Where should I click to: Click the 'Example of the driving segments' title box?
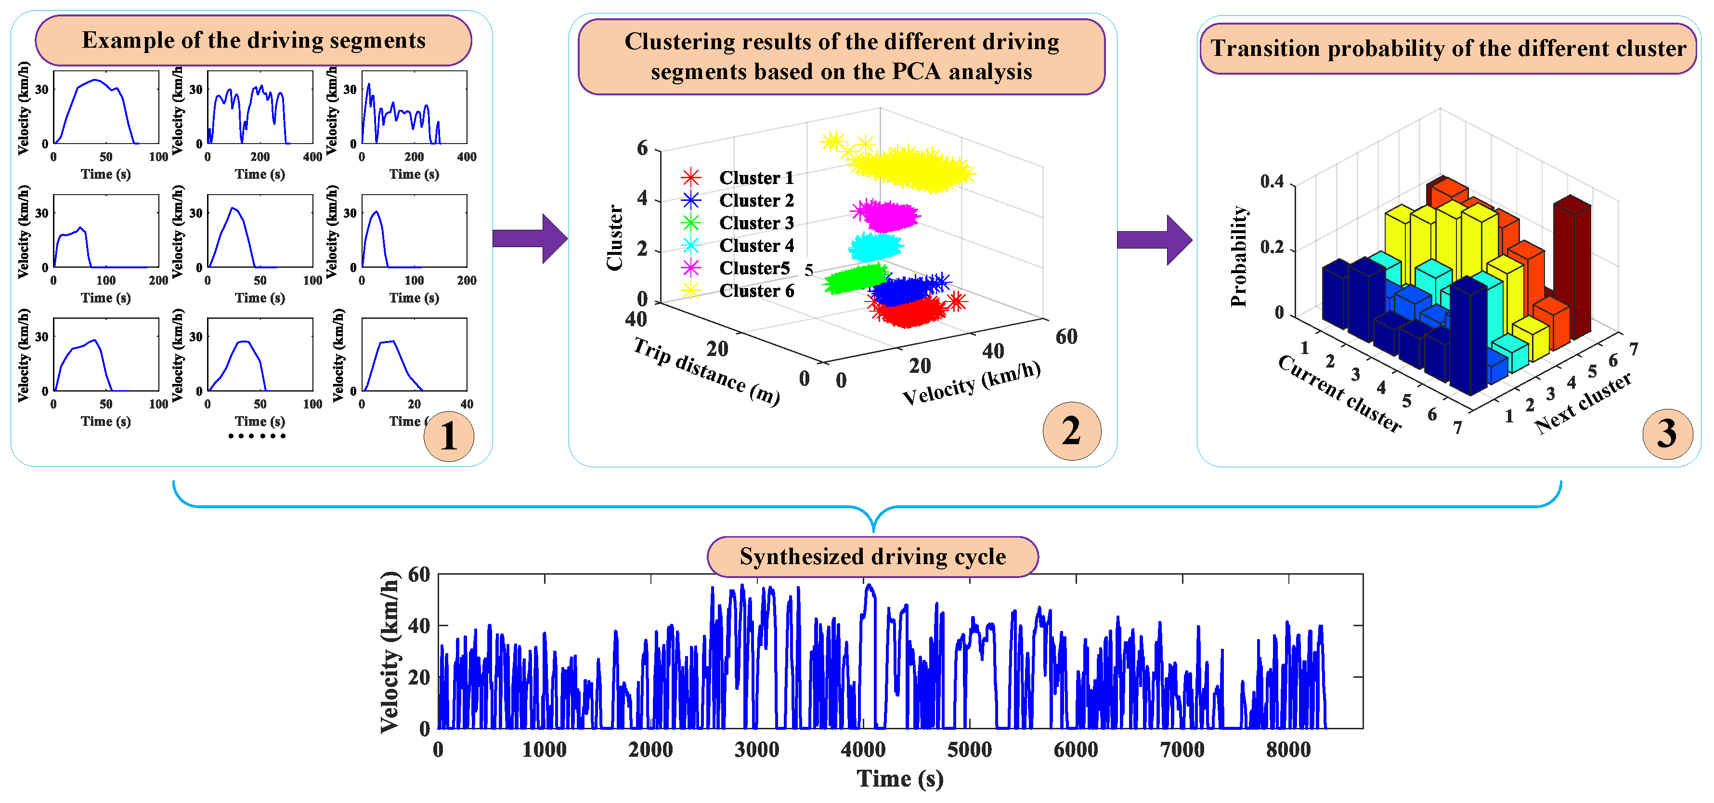point(254,40)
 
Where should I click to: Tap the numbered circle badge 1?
point(448,436)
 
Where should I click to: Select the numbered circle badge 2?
point(1071,432)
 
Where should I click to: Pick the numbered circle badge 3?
point(1667,434)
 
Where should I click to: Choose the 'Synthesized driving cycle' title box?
point(872,557)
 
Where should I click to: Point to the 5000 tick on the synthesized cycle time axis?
point(970,750)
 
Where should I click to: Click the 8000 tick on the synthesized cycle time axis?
point(1288,750)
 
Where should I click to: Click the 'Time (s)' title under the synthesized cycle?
point(899,778)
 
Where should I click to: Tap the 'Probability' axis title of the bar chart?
point(1238,256)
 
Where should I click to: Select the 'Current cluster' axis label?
point(1339,394)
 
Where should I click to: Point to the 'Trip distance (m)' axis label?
point(706,371)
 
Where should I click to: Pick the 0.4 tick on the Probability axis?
point(1272,182)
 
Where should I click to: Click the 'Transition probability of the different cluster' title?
point(1448,49)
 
